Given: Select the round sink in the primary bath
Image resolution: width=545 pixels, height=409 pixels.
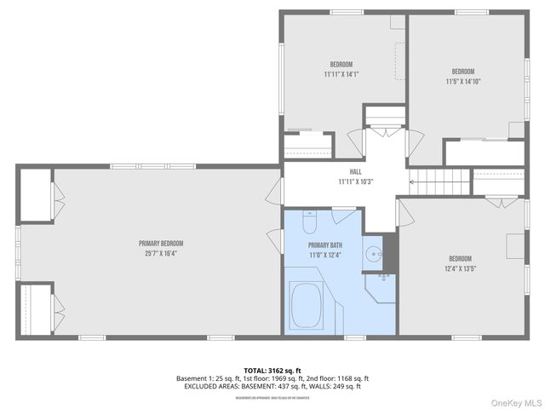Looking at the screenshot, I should click(x=373, y=253).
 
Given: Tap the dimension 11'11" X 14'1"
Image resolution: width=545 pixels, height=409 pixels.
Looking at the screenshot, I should click(x=341, y=75).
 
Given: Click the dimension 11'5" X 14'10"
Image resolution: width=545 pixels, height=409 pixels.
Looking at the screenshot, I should click(x=462, y=82).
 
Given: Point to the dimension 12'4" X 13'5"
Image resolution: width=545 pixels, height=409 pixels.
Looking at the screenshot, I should click(x=460, y=269).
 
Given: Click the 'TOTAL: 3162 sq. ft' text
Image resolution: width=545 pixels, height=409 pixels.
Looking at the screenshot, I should click(x=272, y=370).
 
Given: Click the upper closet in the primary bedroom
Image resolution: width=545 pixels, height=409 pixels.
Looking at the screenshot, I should click(x=34, y=195).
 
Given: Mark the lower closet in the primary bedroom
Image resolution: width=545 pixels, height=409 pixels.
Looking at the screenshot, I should click(x=34, y=308).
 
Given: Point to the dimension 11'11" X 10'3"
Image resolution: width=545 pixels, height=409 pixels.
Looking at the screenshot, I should click(x=355, y=181).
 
